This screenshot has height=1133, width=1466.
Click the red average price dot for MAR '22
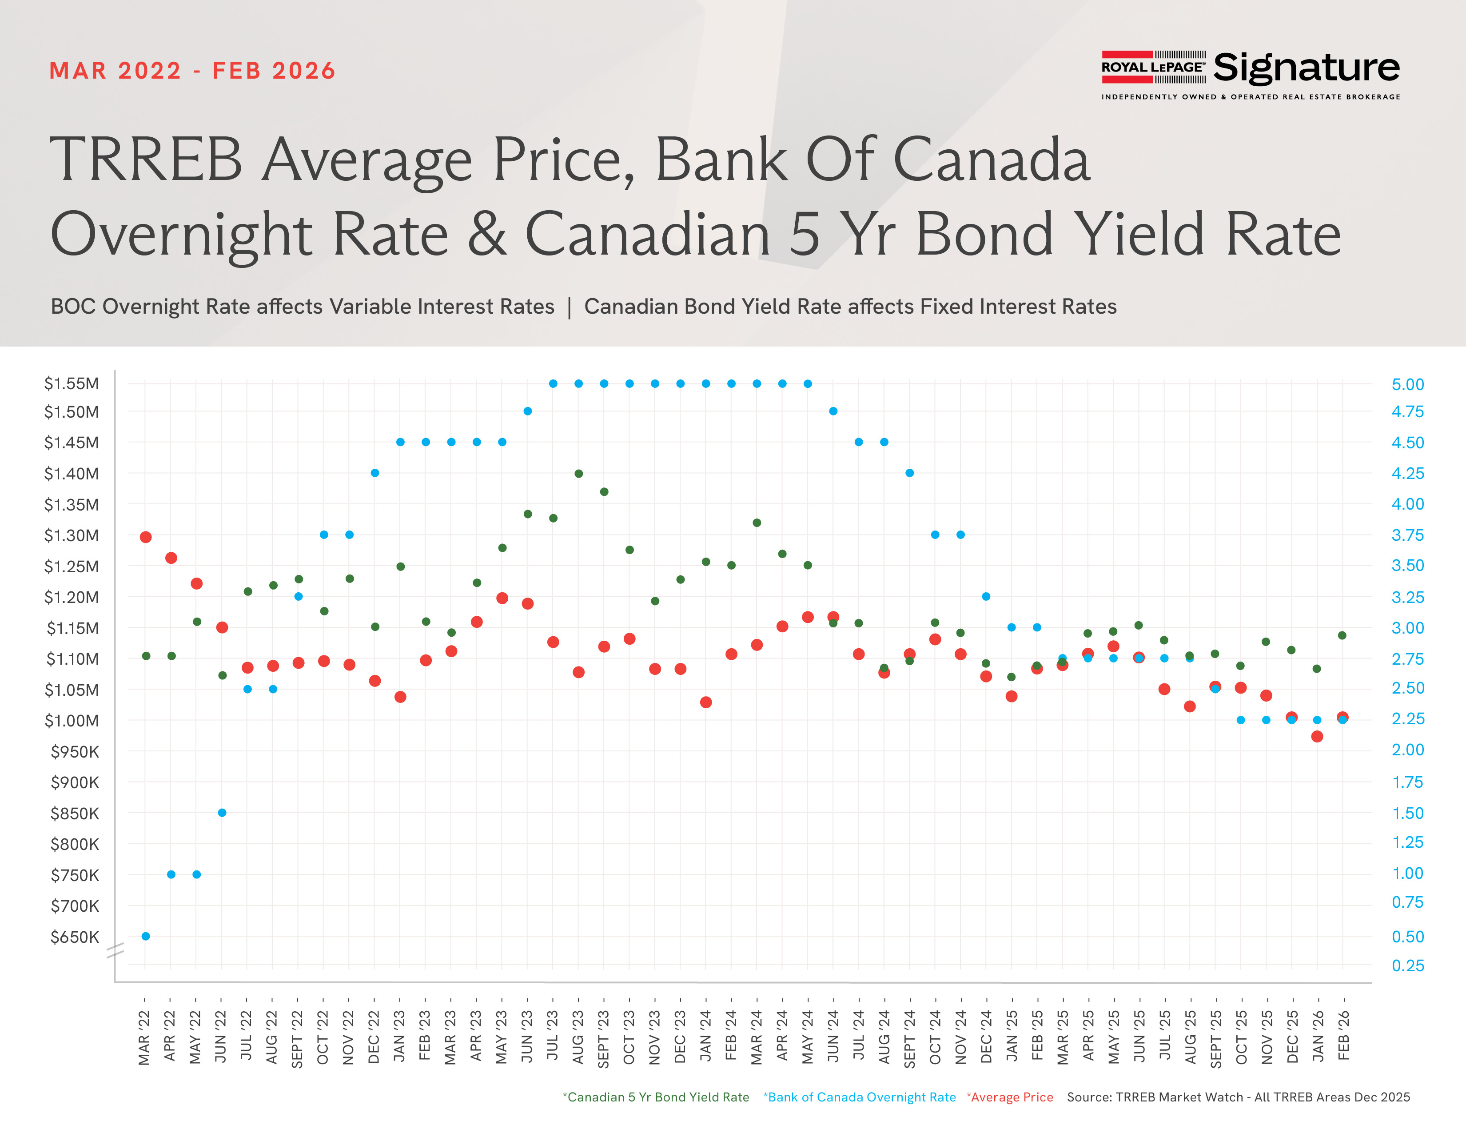click(x=146, y=537)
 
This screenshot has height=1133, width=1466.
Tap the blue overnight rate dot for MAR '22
click(x=146, y=936)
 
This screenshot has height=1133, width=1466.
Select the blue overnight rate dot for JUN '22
click(x=222, y=813)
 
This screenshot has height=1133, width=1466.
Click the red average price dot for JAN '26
click(x=1317, y=736)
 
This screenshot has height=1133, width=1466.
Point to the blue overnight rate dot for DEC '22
click(x=375, y=473)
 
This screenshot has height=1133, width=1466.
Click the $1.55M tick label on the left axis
click(x=71, y=383)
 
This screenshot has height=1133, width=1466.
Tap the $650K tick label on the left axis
click(x=75, y=937)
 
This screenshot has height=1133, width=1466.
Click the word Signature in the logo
click(x=1306, y=68)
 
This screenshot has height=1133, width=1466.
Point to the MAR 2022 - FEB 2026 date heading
click(x=192, y=71)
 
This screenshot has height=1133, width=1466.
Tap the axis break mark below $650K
click(x=116, y=950)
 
